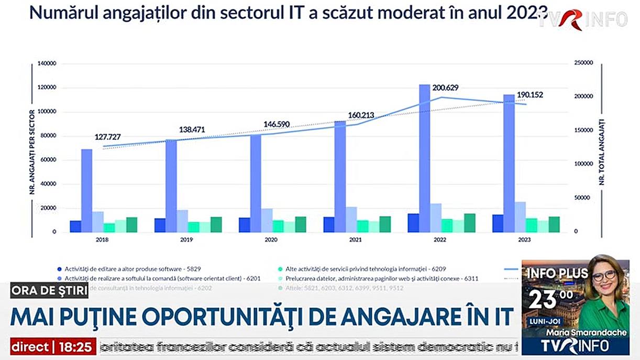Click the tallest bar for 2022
[424, 158]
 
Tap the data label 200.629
[449, 88]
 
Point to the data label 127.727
[111, 137]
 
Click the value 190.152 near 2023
[530, 95]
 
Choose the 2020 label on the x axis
[271, 239]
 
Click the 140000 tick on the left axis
[48, 64]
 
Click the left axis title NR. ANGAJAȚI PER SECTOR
[32, 152]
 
